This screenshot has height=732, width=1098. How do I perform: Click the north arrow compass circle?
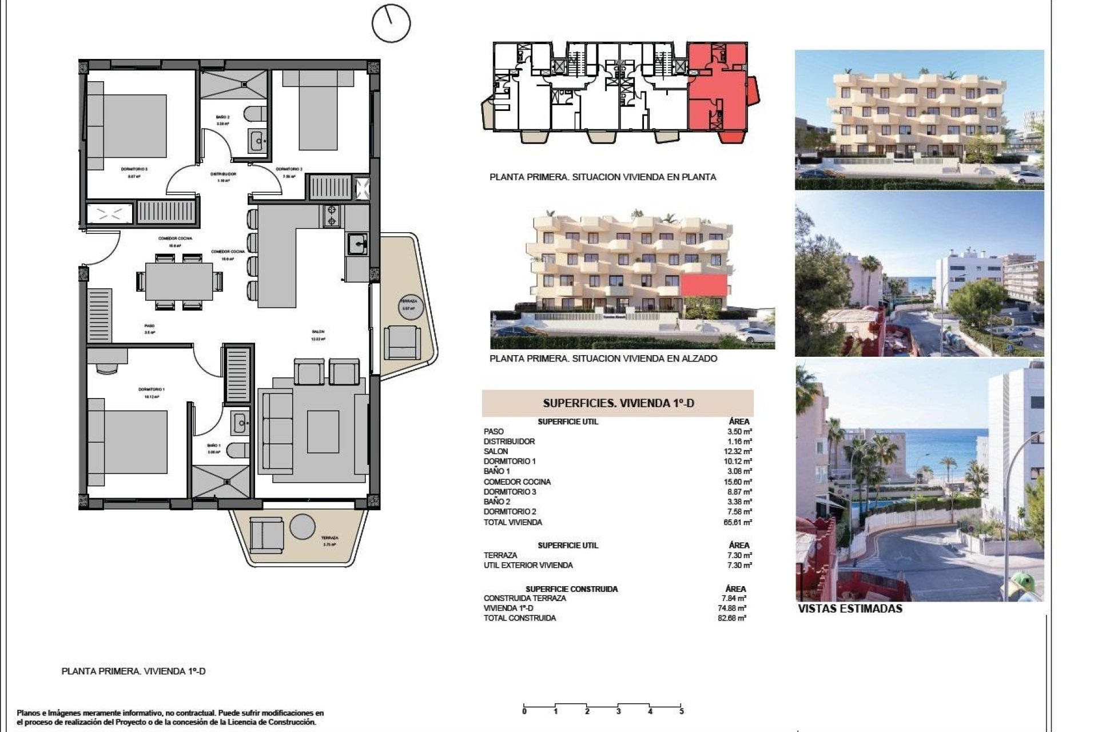point(391,23)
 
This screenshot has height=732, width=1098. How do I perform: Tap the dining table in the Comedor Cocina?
point(178,280)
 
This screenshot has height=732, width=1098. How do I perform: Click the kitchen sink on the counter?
point(357,245)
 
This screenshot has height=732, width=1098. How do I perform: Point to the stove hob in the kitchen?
point(331,216)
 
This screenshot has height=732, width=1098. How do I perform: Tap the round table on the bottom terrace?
point(302,527)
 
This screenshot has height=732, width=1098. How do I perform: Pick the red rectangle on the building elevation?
point(704,285)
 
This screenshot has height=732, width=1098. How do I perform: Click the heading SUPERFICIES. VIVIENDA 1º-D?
point(618,403)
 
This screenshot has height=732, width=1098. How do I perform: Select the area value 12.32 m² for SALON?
point(739,451)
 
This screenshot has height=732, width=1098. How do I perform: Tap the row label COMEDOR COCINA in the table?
point(517,482)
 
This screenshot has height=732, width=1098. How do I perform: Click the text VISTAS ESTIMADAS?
point(850,609)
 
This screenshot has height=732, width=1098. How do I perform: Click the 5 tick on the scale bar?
point(681,711)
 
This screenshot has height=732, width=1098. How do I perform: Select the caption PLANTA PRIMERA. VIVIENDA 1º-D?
point(133,671)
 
